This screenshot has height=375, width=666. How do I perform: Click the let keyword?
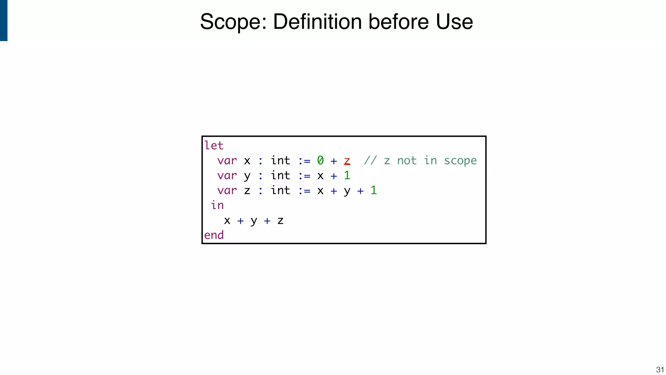pyautogui.click(x=214, y=146)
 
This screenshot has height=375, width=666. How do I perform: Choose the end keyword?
pyautogui.click(x=214, y=235)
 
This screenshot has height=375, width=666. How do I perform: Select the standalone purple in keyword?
pyautogui.click(x=217, y=205)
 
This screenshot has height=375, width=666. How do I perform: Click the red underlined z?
pyautogui.click(x=347, y=161)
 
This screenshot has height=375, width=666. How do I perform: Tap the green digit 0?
pyautogui.click(x=320, y=160)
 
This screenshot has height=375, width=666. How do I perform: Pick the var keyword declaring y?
pyautogui.click(x=227, y=176)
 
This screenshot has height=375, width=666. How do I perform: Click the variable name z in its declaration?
pyautogui.click(x=247, y=191)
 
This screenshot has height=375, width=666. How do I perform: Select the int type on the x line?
pyautogui.click(x=280, y=160)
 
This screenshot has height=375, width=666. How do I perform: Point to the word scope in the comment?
pyautogui.click(x=460, y=161)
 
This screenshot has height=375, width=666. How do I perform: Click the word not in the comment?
pyautogui.click(x=406, y=160)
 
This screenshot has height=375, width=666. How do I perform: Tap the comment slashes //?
pyautogui.click(x=370, y=160)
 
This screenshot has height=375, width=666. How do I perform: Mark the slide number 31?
pyautogui.click(x=660, y=370)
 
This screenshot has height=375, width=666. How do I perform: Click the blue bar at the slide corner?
pyautogui.click(x=4, y=20)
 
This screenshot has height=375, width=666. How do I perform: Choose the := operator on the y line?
pyautogui.click(x=304, y=176)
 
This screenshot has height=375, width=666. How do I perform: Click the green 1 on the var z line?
pyautogui.click(x=374, y=190)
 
